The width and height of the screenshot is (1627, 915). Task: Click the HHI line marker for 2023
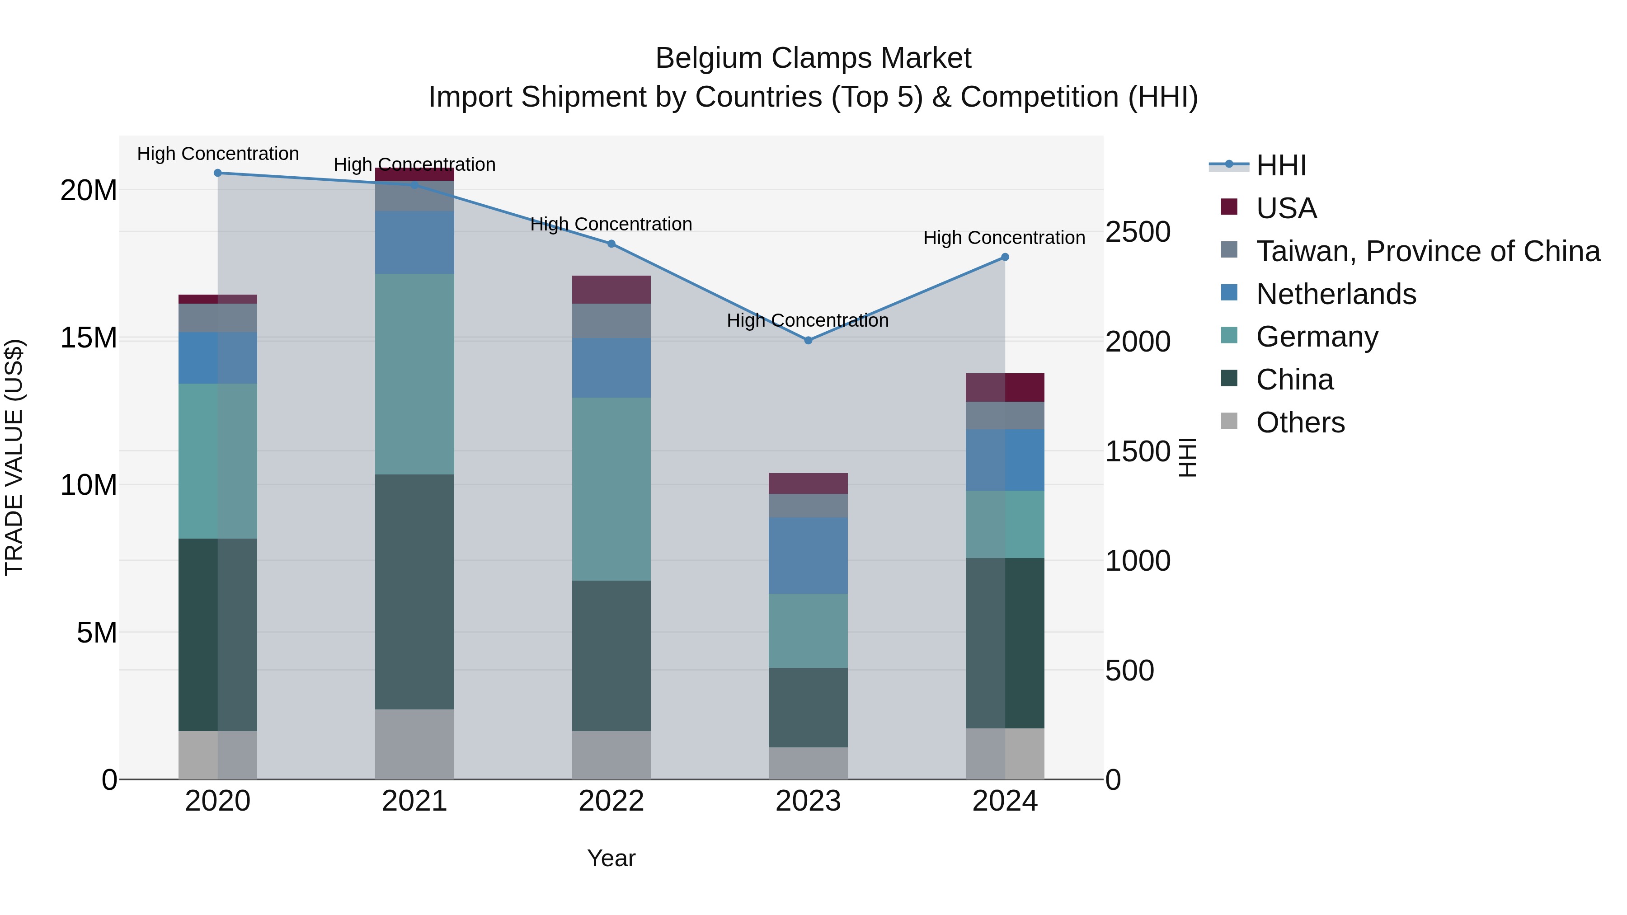[808, 340]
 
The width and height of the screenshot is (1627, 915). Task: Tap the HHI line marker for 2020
[218, 173]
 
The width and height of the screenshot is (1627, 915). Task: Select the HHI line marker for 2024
[1005, 257]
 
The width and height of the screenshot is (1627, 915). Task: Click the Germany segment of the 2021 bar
[414, 374]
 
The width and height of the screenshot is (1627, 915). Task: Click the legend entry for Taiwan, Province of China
[1427, 251]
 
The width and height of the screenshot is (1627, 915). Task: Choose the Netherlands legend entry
[1336, 294]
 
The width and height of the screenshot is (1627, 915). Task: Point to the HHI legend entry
[1281, 165]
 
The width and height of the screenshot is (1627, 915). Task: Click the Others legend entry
[1300, 422]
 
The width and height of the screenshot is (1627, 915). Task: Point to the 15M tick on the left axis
[89, 338]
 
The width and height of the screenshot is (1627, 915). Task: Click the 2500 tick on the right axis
[1138, 232]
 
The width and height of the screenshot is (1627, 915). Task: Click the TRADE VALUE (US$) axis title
[14, 457]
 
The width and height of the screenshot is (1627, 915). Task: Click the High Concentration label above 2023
[807, 321]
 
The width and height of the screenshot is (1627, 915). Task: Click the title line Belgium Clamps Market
[813, 58]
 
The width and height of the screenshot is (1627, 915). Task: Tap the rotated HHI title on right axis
[1187, 457]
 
